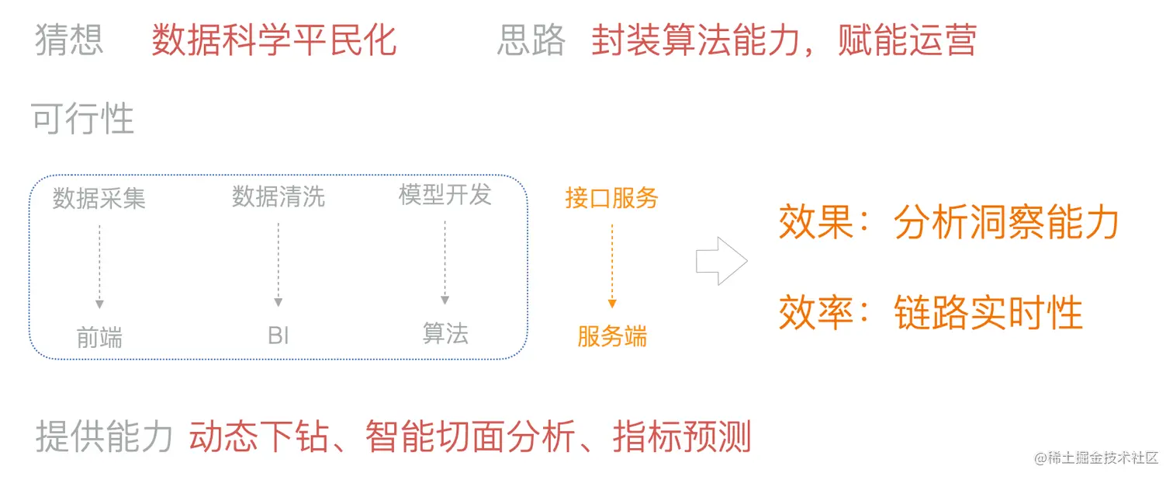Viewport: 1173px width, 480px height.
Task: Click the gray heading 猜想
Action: pos(69,40)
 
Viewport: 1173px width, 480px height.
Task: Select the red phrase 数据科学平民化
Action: pos(274,40)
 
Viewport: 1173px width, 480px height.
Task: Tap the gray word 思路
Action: pos(531,40)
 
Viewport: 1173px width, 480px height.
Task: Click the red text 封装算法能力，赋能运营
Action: pos(784,40)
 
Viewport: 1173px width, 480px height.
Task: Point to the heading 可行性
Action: pos(83,119)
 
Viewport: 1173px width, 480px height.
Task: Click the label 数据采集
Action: pos(99,198)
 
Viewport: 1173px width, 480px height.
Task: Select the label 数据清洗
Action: pos(279,197)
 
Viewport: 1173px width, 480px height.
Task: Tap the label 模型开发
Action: pos(445,194)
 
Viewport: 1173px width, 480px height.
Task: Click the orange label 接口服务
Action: pos(612,198)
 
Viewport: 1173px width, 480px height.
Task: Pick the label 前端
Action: pos(99,337)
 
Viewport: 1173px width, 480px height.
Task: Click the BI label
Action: pos(279,336)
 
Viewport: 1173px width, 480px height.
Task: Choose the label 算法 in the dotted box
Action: pos(445,333)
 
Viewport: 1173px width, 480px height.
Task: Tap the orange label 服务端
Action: pos(612,336)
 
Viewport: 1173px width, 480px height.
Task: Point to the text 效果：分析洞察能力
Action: pos(949,223)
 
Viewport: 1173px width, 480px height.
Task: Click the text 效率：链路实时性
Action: pos(930,312)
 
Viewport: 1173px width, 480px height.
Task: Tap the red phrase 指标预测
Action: pos(682,437)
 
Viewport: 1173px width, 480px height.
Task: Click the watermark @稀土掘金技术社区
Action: pos(1096,457)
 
